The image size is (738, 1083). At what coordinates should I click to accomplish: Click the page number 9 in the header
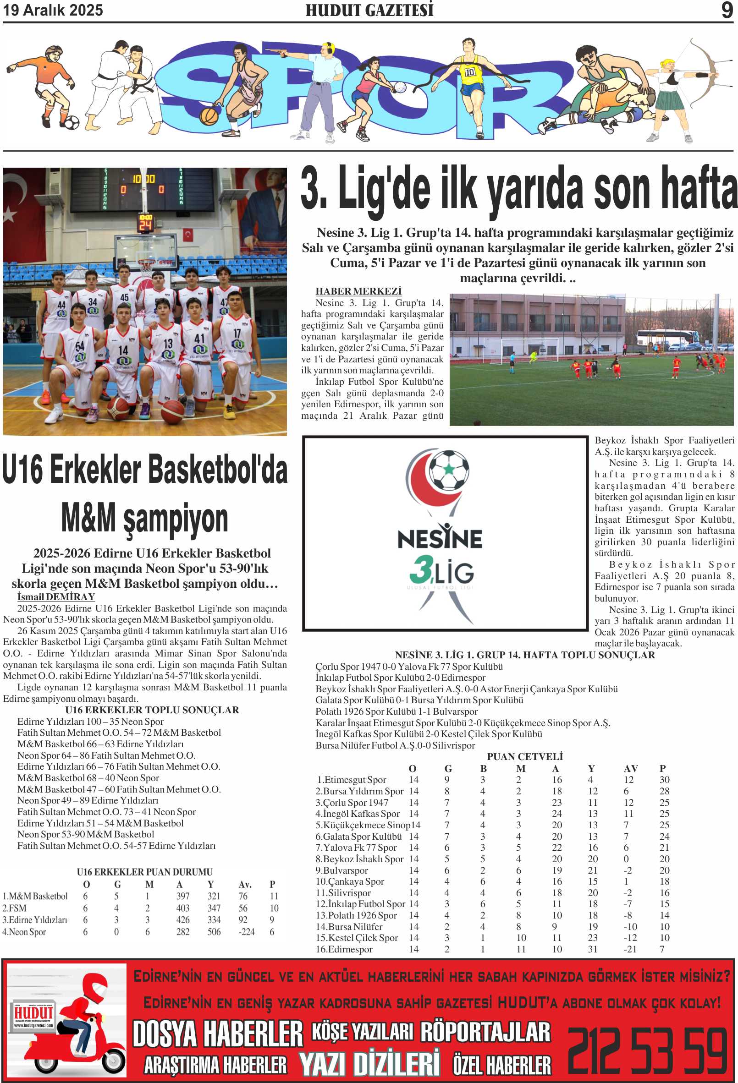[x=727, y=10]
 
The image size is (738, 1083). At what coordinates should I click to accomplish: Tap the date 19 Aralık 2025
[x=53, y=10]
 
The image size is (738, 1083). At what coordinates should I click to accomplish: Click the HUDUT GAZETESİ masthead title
[x=369, y=10]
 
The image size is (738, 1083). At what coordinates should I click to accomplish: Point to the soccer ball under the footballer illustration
[x=72, y=123]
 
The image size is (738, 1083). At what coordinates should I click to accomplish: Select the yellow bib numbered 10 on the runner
[x=469, y=72]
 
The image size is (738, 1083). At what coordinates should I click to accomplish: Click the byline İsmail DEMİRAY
[x=56, y=597]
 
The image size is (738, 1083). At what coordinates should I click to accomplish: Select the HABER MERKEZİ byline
[x=358, y=291]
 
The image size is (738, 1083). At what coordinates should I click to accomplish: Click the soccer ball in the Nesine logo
[x=448, y=470]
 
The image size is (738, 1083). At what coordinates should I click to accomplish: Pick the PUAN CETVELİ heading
[x=524, y=757]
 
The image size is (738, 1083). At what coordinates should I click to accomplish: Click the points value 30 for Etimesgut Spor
[x=664, y=780]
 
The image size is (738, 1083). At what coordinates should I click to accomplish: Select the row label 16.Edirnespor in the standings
[x=344, y=949]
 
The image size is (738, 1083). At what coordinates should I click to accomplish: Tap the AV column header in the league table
[x=630, y=768]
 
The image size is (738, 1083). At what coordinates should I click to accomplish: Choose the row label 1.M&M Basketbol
[x=35, y=896]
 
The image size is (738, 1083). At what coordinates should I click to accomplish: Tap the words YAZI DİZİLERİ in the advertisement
[x=369, y=1064]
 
